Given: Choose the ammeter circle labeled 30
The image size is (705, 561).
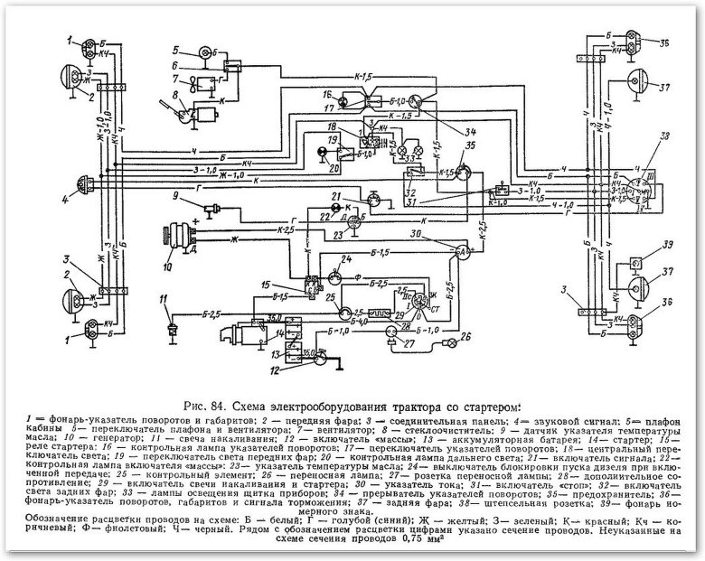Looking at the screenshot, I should pos(464,249).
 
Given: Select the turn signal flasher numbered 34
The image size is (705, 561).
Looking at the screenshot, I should pos(416,98).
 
